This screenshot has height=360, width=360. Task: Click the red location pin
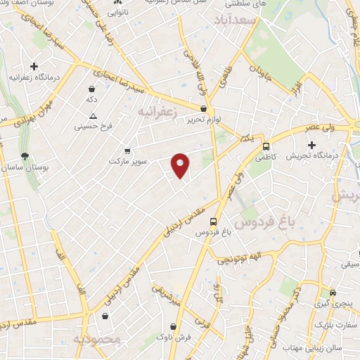[x=181, y=165]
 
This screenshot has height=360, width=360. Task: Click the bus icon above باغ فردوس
[x=214, y=220]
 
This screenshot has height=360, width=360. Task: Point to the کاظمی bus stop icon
[x=266, y=148]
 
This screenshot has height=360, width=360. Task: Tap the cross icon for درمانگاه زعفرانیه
[x=34, y=66]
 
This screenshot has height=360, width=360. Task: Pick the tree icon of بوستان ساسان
[x=25, y=156]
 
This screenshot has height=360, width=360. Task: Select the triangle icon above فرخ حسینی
[x=84, y=115]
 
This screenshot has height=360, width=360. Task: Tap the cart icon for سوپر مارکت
[x=127, y=150]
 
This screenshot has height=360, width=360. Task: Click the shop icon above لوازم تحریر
[x=204, y=109]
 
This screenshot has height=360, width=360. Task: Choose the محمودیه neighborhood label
[x=98, y=340]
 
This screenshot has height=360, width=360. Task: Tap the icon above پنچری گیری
[x=333, y=292]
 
